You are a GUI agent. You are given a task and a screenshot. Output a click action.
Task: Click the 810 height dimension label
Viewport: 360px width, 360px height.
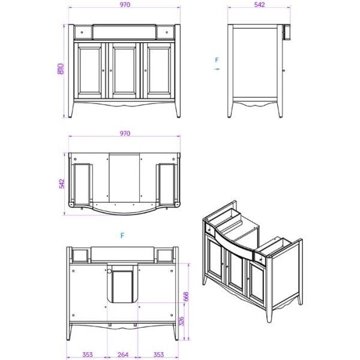pos(60,70)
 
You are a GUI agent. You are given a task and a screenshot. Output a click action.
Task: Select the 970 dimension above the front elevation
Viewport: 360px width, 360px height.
pos(125,5)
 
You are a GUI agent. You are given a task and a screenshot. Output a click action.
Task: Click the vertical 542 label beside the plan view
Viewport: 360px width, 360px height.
pos(60,184)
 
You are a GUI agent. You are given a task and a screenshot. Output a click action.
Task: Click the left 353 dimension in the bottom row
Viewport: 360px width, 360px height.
pos(88,355)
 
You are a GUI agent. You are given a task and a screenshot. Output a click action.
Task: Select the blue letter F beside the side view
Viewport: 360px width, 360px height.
pos(217,60)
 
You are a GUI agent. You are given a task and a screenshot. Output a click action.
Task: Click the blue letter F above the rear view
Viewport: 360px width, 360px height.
pos(122,236)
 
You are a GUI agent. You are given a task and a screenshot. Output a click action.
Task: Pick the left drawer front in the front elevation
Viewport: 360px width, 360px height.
pos(82,31)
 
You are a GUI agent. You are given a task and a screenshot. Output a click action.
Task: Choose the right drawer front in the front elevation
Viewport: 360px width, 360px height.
pos(169,31)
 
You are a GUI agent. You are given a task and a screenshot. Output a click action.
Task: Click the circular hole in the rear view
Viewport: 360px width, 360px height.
pos(110,271)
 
